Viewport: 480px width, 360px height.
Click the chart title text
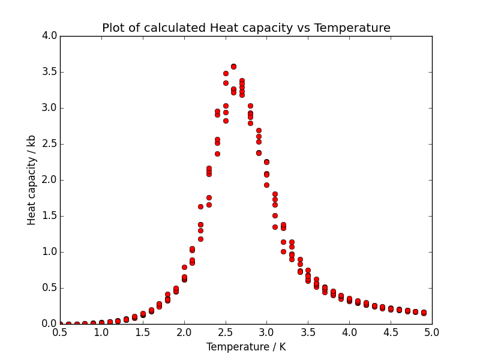(246, 28)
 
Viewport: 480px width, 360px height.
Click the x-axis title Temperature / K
(246, 347)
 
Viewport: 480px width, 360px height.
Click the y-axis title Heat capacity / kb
(32, 180)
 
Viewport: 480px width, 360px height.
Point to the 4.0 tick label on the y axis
(50, 36)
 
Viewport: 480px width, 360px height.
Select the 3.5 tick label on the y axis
(50, 72)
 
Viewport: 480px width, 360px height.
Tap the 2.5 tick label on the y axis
(50, 144)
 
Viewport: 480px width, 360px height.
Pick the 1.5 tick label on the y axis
(50, 216)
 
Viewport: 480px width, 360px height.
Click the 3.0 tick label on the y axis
(50, 108)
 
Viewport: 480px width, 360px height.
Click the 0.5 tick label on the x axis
(60, 332)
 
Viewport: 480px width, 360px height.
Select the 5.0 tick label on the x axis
(432, 332)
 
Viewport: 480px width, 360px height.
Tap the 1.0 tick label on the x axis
(101, 332)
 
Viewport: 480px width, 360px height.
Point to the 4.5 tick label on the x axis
(391, 332)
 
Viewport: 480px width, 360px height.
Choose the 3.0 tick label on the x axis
(266, 332)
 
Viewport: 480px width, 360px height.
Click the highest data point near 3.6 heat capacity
(233, 67)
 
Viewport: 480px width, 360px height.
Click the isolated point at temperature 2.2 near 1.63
(200, 206)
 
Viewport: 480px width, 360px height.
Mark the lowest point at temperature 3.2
(283, 251)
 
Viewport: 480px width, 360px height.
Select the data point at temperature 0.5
(60, 324)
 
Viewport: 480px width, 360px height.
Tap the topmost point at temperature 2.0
(184, 267)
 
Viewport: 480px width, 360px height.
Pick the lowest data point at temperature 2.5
(226, 121)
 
